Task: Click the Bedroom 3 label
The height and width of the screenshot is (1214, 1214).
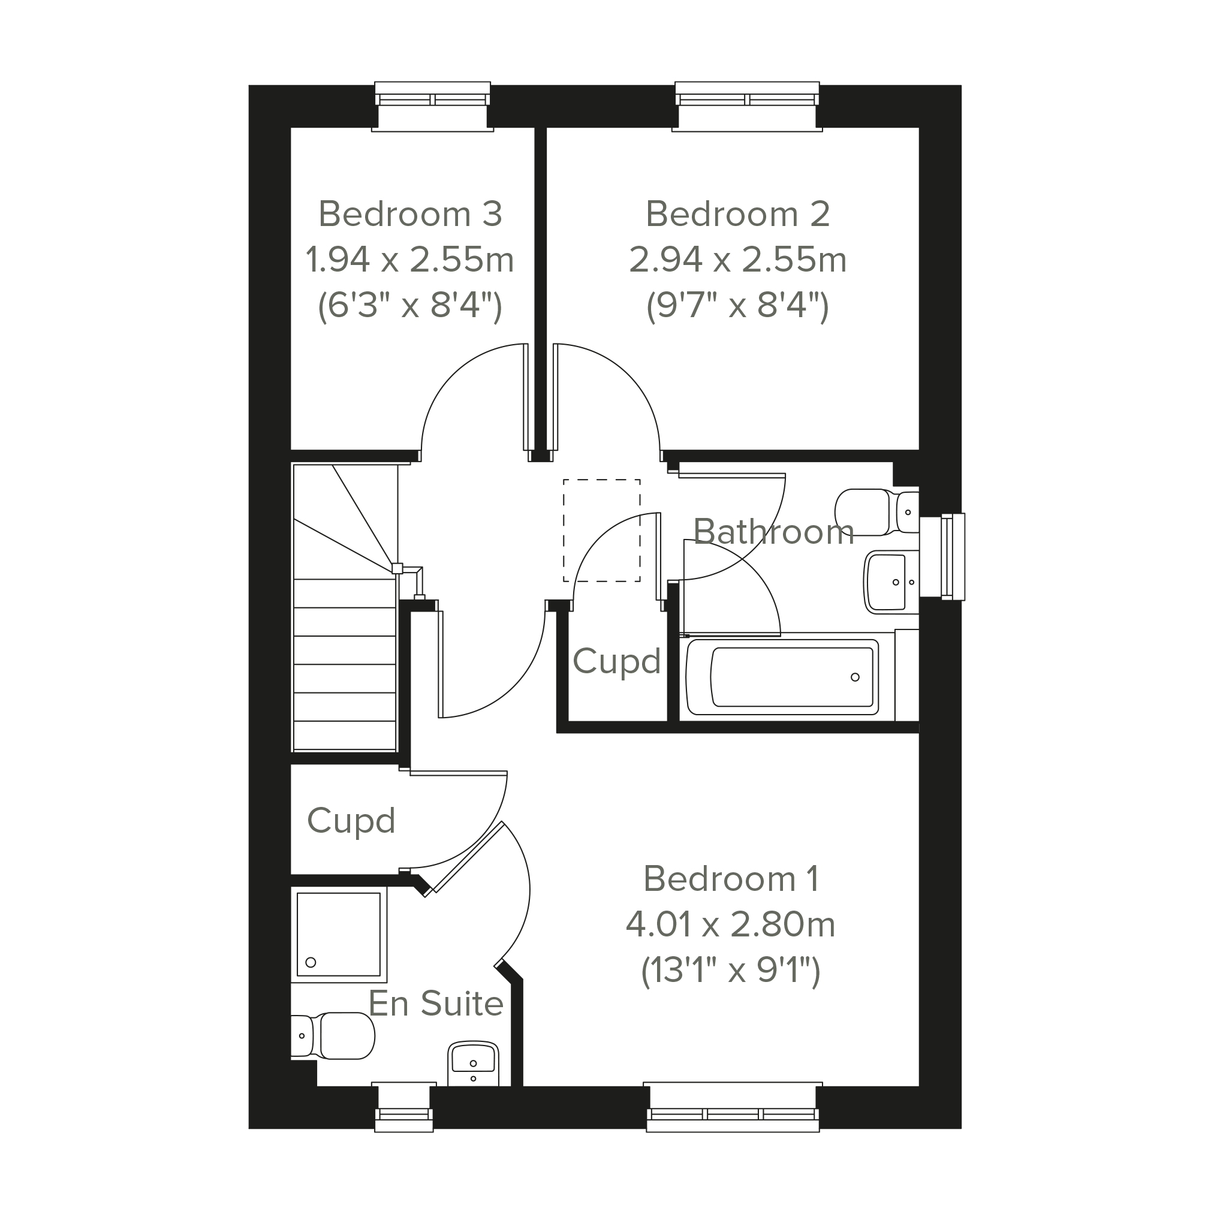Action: pyautogui.click(x=410, y=213)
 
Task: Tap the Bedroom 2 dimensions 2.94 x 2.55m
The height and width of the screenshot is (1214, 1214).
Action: pyautogui.click(x=738, y=260)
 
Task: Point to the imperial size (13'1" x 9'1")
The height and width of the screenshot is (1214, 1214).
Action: pyautogui.click(x=731, y=971)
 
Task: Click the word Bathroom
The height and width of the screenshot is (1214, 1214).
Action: pyautogui.click(x=773, y=532)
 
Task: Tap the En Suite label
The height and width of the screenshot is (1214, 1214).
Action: pyautogui.click(x=435, y=1003)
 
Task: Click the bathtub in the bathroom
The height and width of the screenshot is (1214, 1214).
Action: pyautogui.click(x=783, y=677)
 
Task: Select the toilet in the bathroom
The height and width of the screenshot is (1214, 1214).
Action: pyautogui.click(x=877, y=512)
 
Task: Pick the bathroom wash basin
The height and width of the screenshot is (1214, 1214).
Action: pyautogui.click(x=891, y=582)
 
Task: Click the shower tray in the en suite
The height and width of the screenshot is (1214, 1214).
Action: pyautogui.click(x=339, y=935)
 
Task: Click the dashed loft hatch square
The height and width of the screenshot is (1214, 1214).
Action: pyautogui.click(x=602, y=531)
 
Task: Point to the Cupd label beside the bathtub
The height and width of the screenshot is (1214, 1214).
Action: pyautogui.click(x=616, y=661)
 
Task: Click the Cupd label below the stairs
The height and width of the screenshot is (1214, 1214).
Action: pyautogui.click(x=351, y=821)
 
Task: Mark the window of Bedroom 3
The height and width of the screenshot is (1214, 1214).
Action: pyautogui.click(x=432, y=106)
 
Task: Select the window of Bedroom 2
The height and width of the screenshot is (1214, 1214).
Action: pyautogui.click(x=747, y=106)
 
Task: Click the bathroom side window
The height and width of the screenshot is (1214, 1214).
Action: pyautogui.click(x=942, y=557)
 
